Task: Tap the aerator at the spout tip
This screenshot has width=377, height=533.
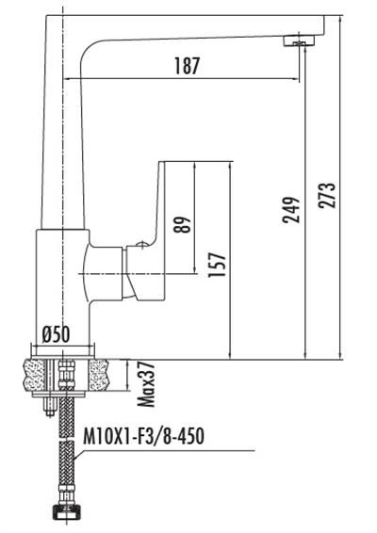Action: (301, 40)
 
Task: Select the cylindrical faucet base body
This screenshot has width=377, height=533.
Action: (63, 292)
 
